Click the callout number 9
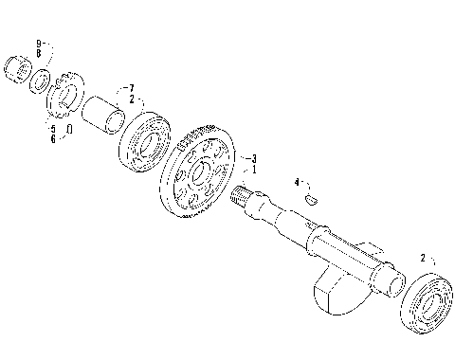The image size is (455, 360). point(39,44)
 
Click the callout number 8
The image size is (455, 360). point(39,53)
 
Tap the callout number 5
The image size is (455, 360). point(53,128)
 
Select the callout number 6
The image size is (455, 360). point(53,138)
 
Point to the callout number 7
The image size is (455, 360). point(132,88)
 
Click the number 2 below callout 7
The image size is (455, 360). point(132,99)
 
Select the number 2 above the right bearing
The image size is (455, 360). point(423,257)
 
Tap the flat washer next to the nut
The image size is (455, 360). point(39,81)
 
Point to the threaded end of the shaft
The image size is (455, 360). point(246,198)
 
